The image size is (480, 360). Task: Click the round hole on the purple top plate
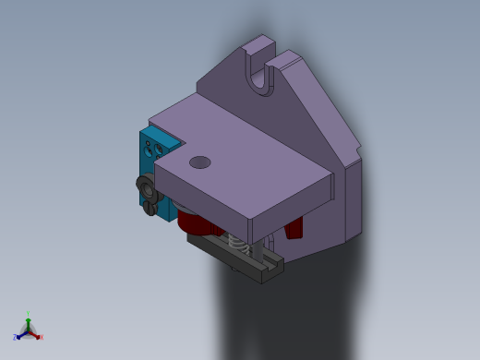point(199,162)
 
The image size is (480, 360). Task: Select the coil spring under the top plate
point(237,245)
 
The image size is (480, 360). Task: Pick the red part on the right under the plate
point(294,227)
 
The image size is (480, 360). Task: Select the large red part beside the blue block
point(194,222)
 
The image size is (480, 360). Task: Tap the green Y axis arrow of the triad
point(28,318)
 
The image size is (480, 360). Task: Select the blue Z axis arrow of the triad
point(20,335)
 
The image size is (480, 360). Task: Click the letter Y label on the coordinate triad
point(28,313)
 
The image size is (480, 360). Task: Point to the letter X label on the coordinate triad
point(41,337)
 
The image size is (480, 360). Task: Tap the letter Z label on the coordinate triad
point(16,338)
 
